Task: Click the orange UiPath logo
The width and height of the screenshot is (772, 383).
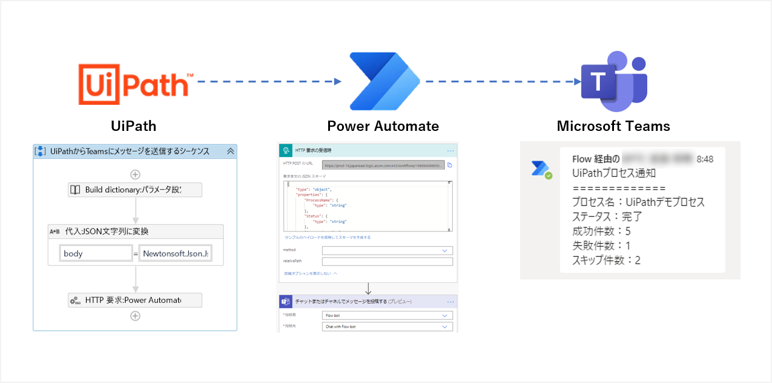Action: [x=135, y=84]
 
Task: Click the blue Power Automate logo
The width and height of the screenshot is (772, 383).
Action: [x=384, y=81]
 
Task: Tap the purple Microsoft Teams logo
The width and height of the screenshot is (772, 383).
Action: [x=614, y=82]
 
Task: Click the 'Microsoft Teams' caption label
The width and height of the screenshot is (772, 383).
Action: [x=613, y=127]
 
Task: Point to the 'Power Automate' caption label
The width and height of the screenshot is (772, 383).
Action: [x=383, y=127]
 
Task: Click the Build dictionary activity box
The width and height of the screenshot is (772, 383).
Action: [x=134, y=190]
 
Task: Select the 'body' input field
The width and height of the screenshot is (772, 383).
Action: [x=96, y=253]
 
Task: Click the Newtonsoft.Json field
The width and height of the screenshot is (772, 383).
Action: [x=175, y=253]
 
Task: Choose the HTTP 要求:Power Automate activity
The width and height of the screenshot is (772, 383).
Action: [x=134, y=300]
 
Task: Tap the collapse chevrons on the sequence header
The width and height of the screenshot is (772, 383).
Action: [x=230, y=152]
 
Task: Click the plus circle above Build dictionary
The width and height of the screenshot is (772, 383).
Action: [x=135, y=175]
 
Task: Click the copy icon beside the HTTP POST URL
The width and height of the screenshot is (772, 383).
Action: [x=450, y=165]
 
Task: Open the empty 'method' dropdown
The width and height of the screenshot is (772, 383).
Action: [x=387, y=250]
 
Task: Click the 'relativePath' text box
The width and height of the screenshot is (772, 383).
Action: [x=387, y=262]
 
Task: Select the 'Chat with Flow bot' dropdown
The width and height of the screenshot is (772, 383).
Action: [x=387, y=327]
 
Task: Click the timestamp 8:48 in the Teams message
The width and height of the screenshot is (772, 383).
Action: [x=705, y=159]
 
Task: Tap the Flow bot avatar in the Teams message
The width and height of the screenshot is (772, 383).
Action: [x=541, y=169]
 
